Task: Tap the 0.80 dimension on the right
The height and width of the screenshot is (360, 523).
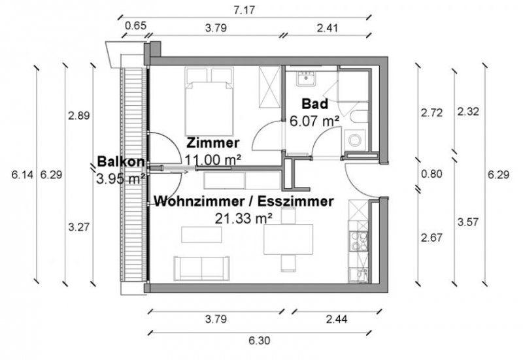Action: pos(431,174)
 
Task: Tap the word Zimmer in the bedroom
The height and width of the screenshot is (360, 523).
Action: pos(212,142)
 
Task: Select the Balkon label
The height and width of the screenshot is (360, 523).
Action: pos(120,161)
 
